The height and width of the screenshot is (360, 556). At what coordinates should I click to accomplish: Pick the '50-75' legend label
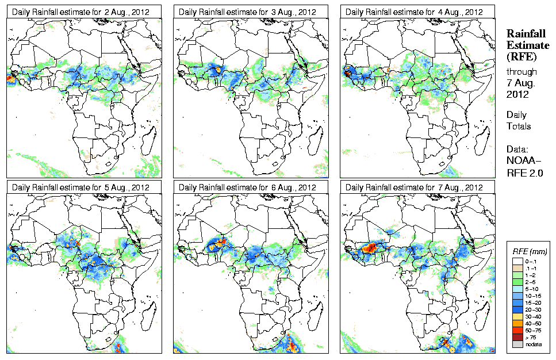[535, 330]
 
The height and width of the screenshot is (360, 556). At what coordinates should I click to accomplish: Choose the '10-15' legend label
[535, 296]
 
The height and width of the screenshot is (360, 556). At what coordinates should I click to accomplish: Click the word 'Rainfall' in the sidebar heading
[525, 34]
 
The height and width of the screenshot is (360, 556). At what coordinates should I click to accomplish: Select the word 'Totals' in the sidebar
[519, 126]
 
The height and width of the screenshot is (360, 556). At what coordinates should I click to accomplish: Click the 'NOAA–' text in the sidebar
[523, 161]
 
